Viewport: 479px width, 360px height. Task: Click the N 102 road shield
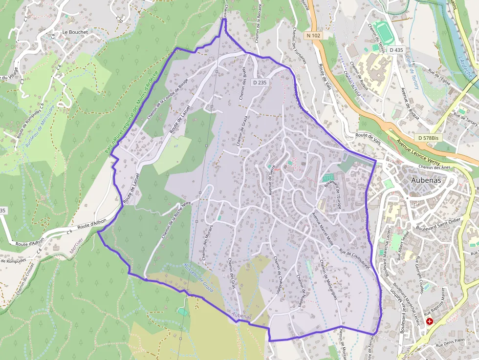[314, 36]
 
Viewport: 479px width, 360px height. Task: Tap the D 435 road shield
[396, 50]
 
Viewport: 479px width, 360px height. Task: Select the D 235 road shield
[260, 83]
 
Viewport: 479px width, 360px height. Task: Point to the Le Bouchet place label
[75, 32]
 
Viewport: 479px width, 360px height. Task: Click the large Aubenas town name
[426, 180]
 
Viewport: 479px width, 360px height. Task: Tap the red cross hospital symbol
[430, 321]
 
